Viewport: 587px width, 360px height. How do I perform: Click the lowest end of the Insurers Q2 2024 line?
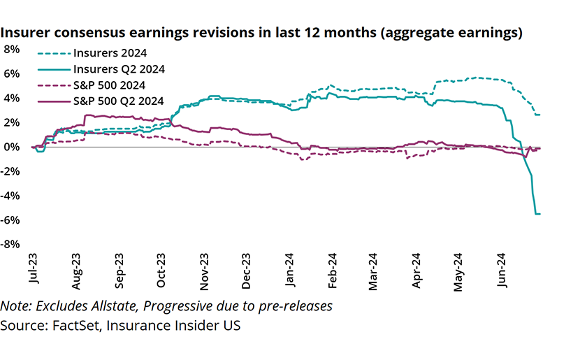[538, 214]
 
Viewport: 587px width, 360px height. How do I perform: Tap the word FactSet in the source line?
[71, 326]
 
